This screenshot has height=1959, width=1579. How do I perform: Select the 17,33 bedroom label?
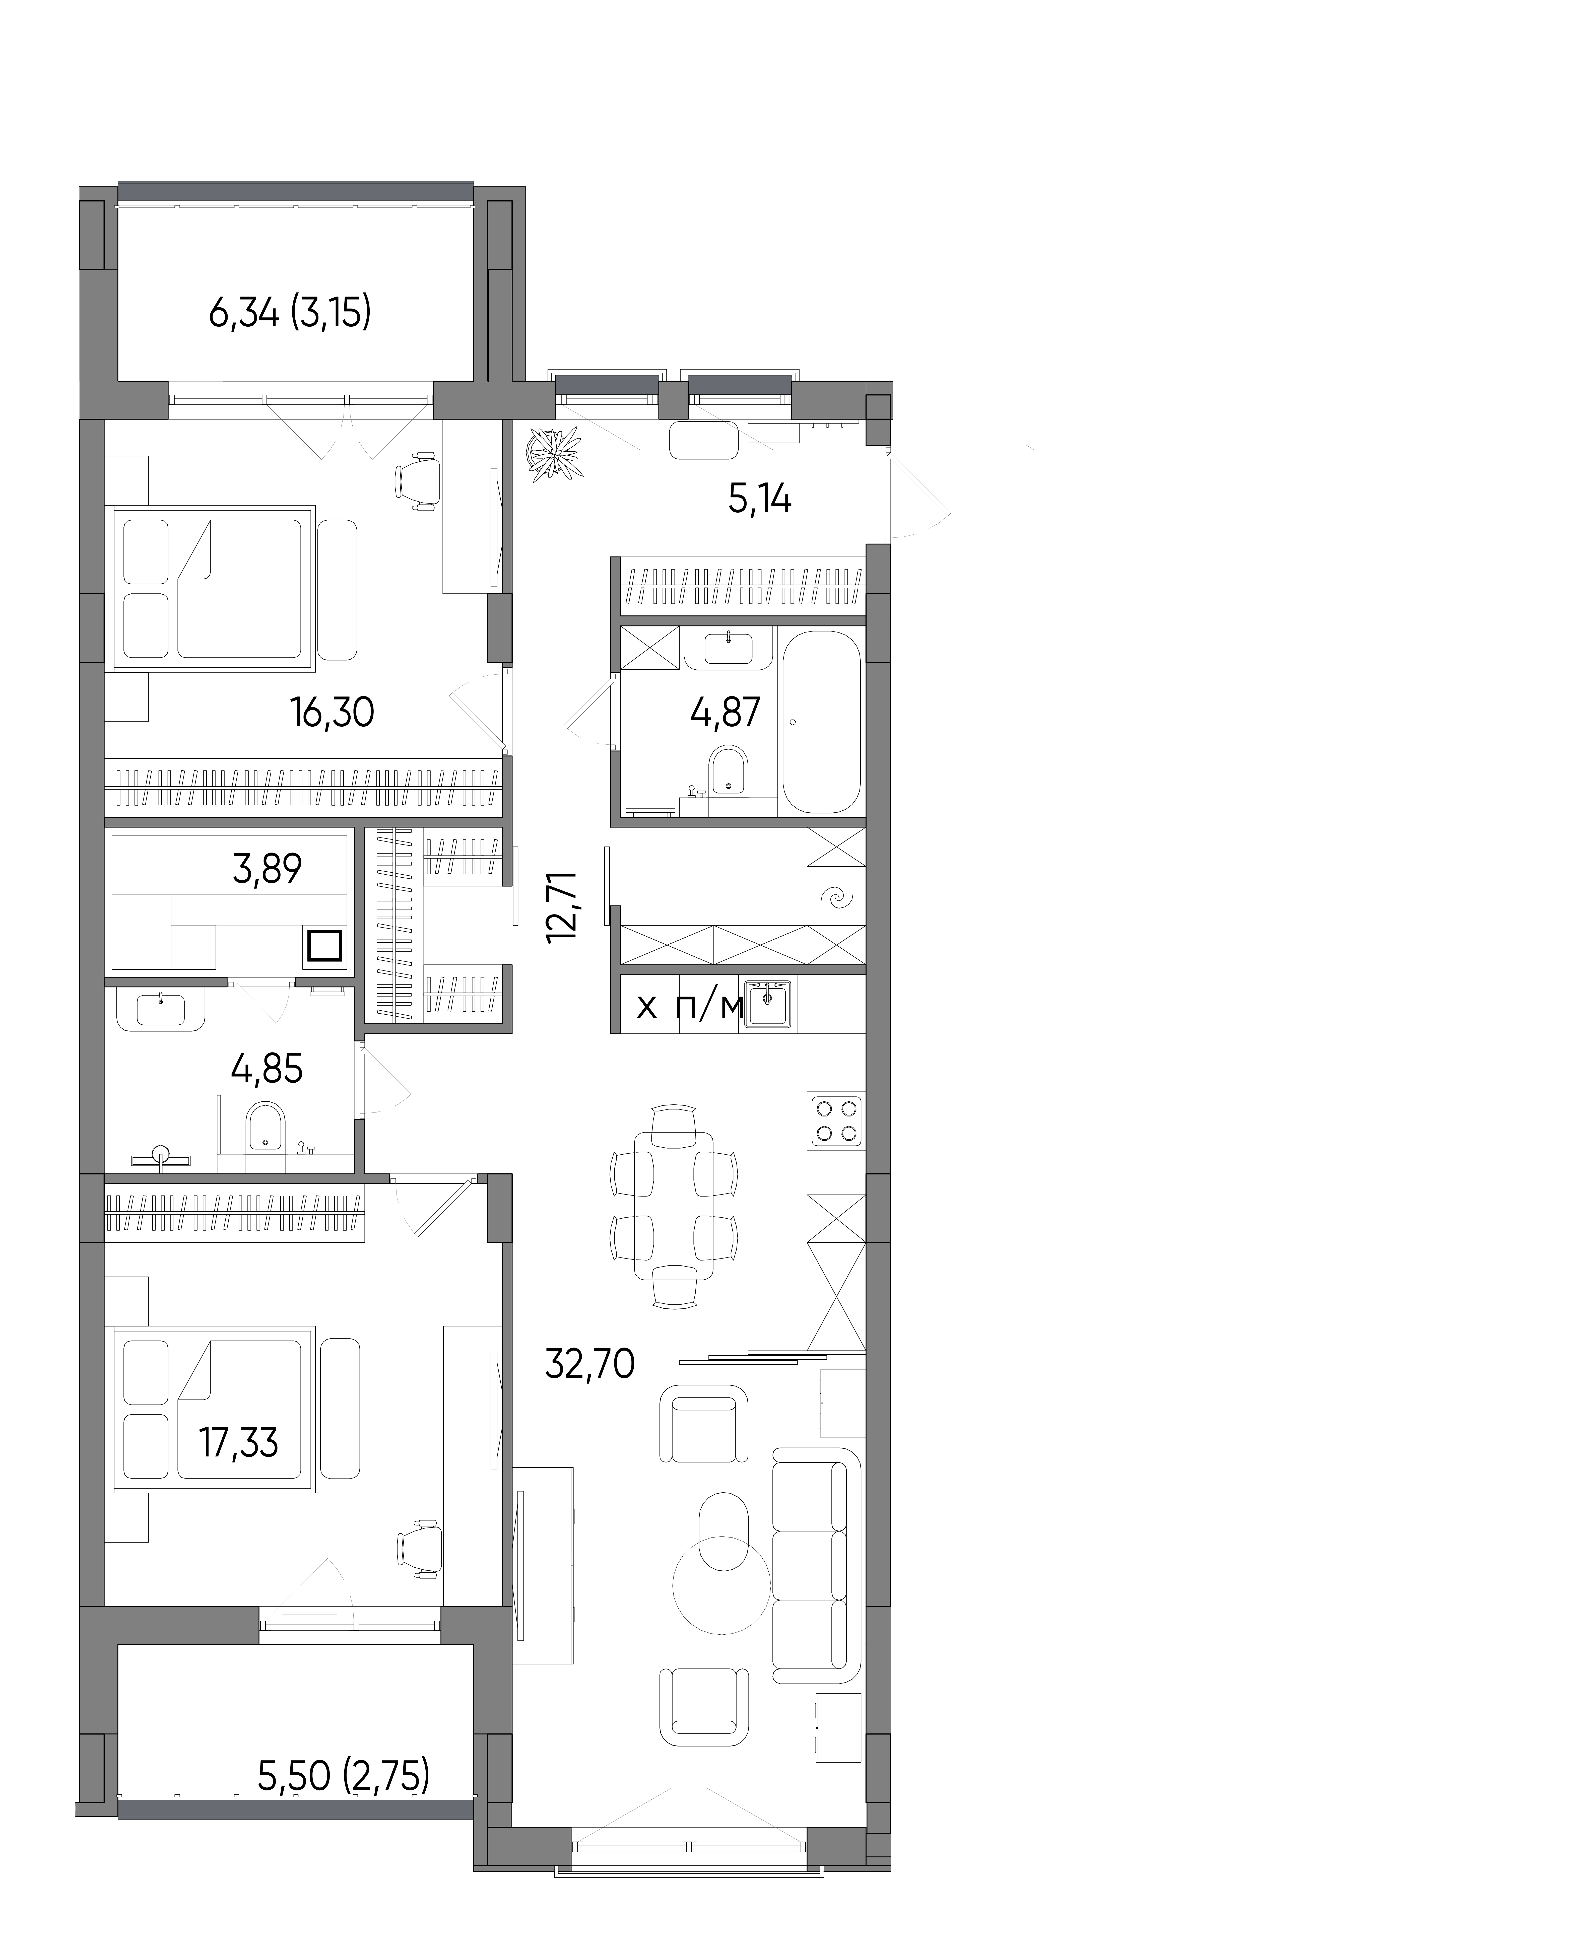pyautogui.click(x=238, y=1442)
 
